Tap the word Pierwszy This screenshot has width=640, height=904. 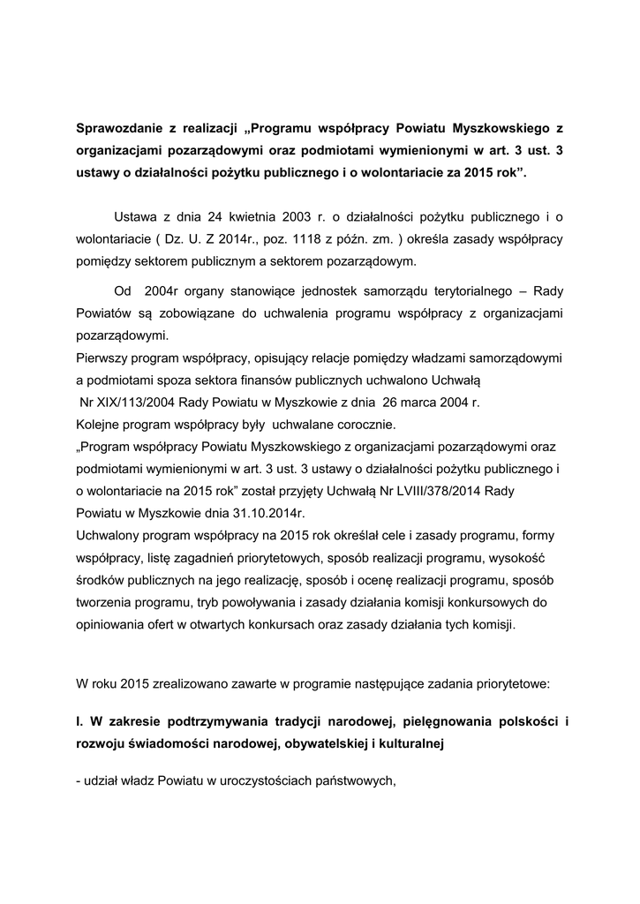click(105, 358)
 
